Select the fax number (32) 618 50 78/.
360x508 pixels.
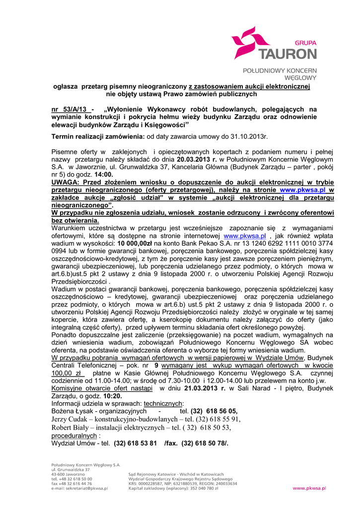pyautogui.click(x=205, y=443)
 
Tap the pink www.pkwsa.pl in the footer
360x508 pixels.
pyautogui.click(x=309, y=488)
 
